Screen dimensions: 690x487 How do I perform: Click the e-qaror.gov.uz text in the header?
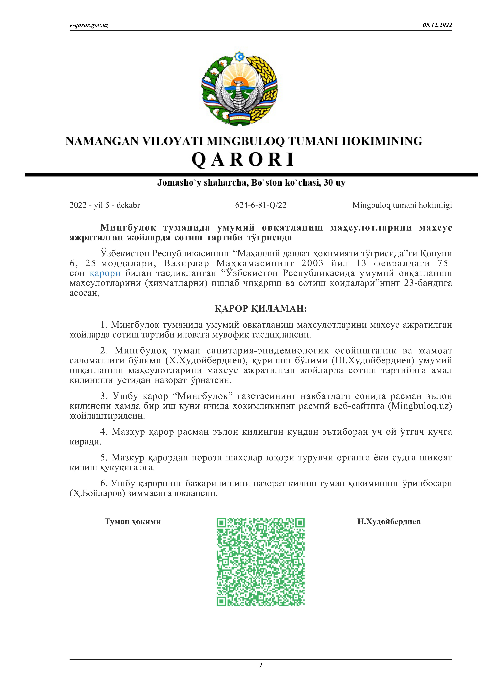pyautogui.click(x=89, y=25)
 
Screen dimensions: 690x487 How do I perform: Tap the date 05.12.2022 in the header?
pyautogui.click(x=437, y=25)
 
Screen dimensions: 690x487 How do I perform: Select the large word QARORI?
pyautogui.click(x=243, y=159)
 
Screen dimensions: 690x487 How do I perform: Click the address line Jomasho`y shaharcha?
pyautogui.click(x=251, y=183)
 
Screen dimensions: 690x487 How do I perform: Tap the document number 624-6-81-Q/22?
pyautogui.click(x=260, y=205)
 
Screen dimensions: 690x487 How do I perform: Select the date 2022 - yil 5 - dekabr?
pyautogui.click(x=105, y=205)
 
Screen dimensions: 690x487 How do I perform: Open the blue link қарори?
pyautogui.click(x=105, y=273)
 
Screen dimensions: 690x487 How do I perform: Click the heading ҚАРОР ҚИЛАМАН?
pyautogui.click(x=260, y=309)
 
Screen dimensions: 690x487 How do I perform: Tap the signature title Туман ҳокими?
pyautogui.click(x=133, y=521)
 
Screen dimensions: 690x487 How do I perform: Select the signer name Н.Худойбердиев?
pyautogui.click(x=389, y=521)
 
